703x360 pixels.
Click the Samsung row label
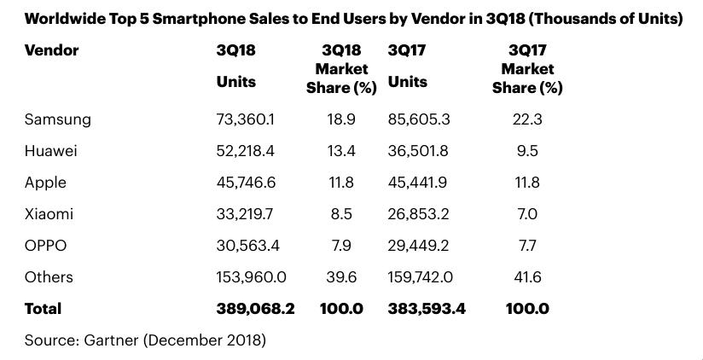point(57,119)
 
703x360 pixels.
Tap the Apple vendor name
point(45,183)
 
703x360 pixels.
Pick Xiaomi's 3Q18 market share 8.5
point(341,214)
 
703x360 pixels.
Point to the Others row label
point(49,277)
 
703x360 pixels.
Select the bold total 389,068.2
point(256,309)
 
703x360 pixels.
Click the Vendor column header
point(51,50)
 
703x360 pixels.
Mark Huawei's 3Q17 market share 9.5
point(527,151)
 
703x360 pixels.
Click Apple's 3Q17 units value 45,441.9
point(421,183)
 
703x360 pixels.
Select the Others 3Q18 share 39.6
point(341,277)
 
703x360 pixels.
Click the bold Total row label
point(43,309)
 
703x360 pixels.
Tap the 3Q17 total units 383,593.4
point(427,309)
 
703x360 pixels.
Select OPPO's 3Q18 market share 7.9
point(341,246)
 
